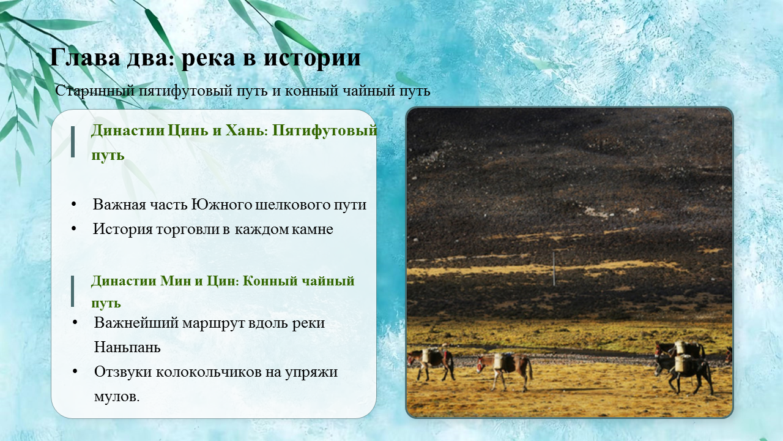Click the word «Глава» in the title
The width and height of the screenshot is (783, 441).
pos(85,57)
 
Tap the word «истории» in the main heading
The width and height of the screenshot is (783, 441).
pos(312,58)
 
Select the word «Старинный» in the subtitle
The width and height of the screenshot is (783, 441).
pos(95,91)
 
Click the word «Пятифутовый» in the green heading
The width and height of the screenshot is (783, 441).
pos(325,131)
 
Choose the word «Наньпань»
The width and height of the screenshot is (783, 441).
pos(127,347)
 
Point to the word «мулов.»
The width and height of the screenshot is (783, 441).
pos(117,397)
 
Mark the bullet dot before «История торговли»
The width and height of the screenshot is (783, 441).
pos(73,229)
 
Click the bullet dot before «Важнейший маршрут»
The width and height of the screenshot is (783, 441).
pos(75,322)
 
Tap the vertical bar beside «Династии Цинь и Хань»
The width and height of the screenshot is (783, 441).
pos(73,141)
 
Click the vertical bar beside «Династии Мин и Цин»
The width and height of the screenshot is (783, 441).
pos(72,291)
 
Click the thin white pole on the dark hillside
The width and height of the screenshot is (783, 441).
pos(554,269)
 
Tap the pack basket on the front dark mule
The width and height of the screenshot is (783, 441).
pos(681,363)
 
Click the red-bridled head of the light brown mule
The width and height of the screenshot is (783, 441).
pos(481,364)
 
